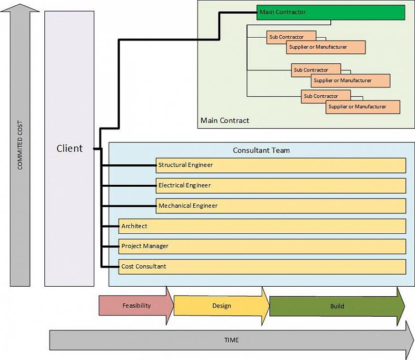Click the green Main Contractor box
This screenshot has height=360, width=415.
330,12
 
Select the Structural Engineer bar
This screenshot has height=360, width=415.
281,165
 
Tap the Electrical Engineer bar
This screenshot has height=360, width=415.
281,186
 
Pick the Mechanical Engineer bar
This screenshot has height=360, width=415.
281,206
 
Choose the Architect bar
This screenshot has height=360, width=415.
262,226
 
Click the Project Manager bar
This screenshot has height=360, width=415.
262,246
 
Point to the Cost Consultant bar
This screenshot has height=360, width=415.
262,267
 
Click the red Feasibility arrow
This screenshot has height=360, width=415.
136,306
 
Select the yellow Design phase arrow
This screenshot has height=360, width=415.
221,306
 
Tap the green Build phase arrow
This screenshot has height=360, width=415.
336,306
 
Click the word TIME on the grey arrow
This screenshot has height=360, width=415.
231,340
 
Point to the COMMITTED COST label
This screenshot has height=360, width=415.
20,146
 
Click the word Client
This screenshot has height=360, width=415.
69,149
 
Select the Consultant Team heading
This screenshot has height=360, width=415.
261,150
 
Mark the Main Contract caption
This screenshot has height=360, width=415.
225,120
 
